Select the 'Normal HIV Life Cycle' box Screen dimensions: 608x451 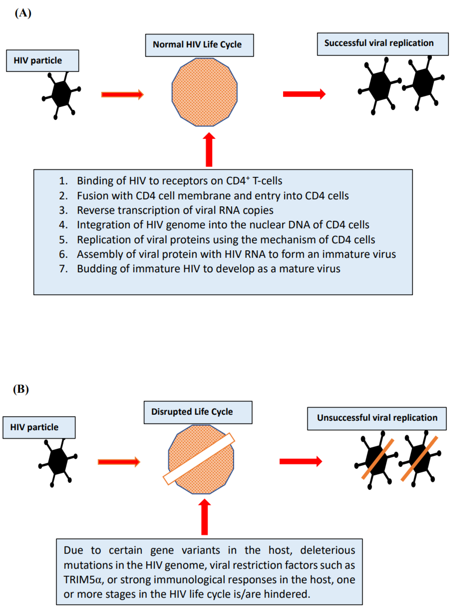[x=199, y=45]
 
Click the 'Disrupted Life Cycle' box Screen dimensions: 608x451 [x=198, y=412]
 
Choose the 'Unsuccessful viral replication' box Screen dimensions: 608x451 [x=377, y=418]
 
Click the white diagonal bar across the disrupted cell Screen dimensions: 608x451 [x=199, y=459]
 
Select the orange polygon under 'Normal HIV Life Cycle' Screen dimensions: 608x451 [x=205, y=92]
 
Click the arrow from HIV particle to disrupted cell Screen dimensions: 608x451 [x=119, y=462]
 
